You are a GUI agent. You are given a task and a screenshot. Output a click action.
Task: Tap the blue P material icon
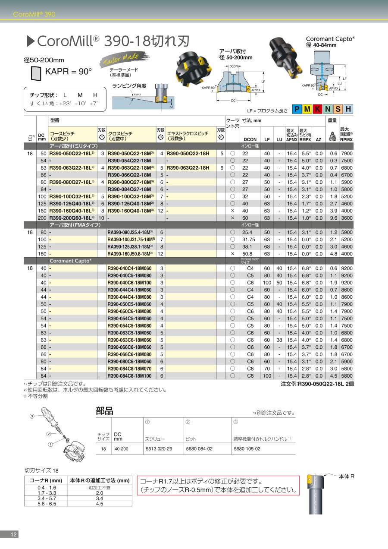click(297, 109)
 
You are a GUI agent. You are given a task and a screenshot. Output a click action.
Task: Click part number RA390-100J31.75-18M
click(130, 239)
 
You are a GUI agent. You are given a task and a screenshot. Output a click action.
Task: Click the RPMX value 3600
click(346, 218)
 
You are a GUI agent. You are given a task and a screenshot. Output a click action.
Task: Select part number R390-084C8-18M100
click(129, 376)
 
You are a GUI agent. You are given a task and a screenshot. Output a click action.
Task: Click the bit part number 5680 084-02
click(199, 449)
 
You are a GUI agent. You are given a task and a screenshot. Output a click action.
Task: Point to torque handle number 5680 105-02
click(247, 449)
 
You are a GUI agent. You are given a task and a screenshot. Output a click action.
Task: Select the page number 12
click(13, 534)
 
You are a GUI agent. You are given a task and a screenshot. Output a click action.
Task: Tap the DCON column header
click(250, 139)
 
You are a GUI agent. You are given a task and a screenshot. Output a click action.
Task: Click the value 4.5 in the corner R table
click(99, 503)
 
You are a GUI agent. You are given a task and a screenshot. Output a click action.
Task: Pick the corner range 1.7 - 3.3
click(47, 492)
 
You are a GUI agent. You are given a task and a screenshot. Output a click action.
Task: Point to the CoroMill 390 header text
click(34, 14)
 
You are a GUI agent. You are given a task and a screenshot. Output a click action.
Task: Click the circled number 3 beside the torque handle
click(31, 416)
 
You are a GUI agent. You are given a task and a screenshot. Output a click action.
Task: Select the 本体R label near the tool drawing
click(346, 476)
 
